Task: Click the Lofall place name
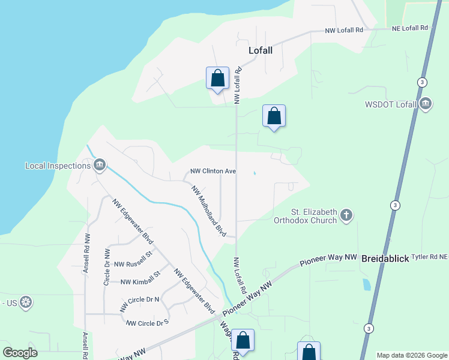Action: (x=261, y=50)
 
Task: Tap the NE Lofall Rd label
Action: (x=411, y=28)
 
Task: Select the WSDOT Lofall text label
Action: (x=391, y=104)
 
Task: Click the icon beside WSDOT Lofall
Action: (x=426, y=104)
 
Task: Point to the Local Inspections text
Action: (x=57, y=165)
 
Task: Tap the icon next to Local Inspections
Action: (x=100, y=164)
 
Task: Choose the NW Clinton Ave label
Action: (x=212, y=171)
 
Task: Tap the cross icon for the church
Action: (x=346, y=215)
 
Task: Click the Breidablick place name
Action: (x=385, y=259)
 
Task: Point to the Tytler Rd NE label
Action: (x=430, y=257)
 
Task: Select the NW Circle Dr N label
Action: (x=139, y=303)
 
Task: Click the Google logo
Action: (x=20, y=352)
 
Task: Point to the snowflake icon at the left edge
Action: (x=25, y=301)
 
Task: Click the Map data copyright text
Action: (x=412, y=355)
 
